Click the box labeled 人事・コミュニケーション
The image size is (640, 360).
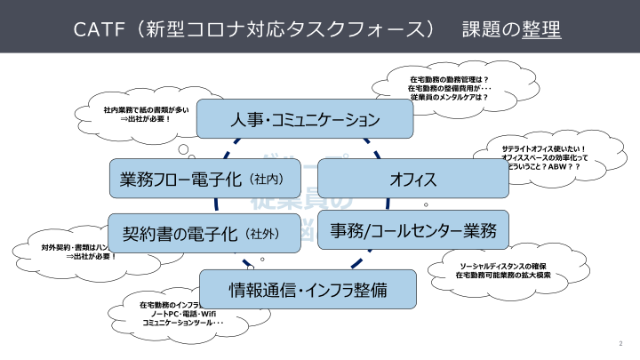(306, 118)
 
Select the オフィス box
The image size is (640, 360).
(412, 180)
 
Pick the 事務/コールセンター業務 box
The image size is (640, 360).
(412, 230)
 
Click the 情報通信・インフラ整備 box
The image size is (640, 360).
(308, 289)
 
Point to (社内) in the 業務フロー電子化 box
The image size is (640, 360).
(267, 180)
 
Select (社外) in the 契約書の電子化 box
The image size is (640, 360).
(262, 235)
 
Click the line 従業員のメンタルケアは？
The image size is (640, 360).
(449, 97)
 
